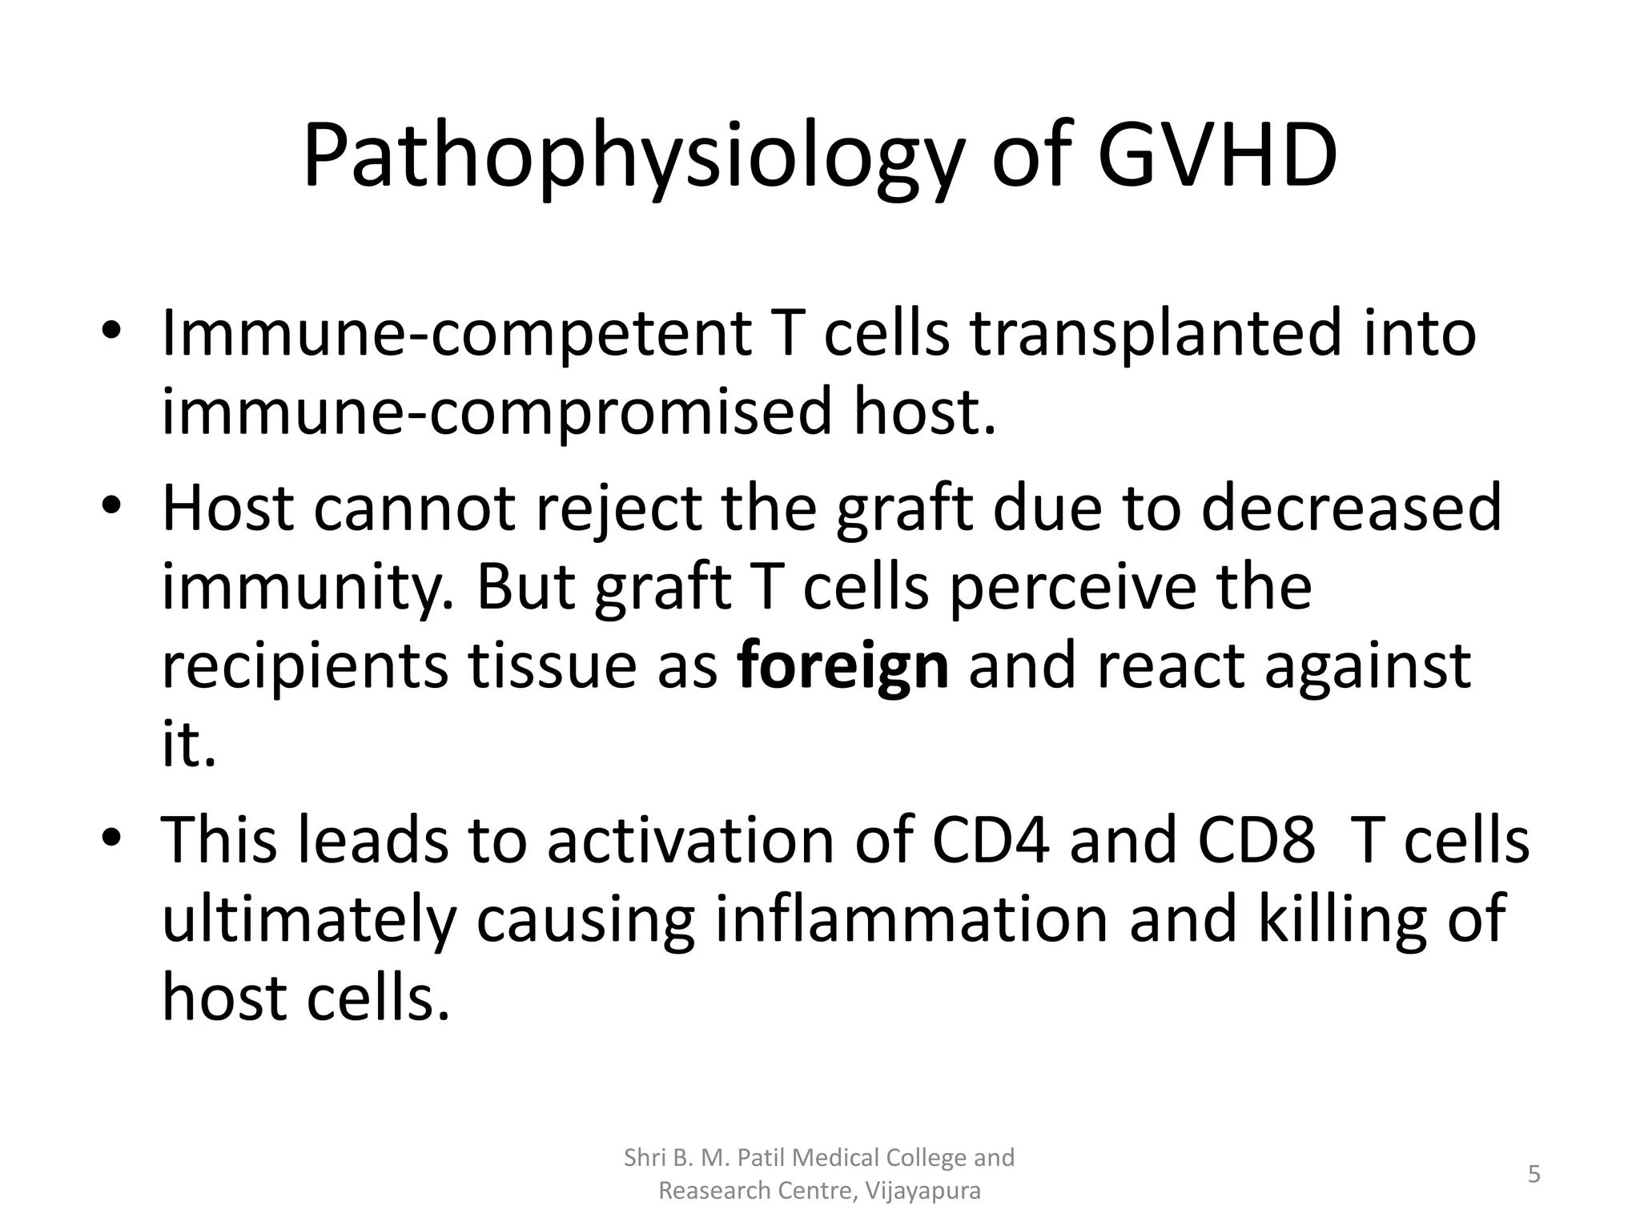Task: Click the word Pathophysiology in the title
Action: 632,158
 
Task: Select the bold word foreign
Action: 842,666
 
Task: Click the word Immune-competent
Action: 456,334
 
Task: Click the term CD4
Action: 991,841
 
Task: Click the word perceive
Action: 1072,588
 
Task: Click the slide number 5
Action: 1533,1175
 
